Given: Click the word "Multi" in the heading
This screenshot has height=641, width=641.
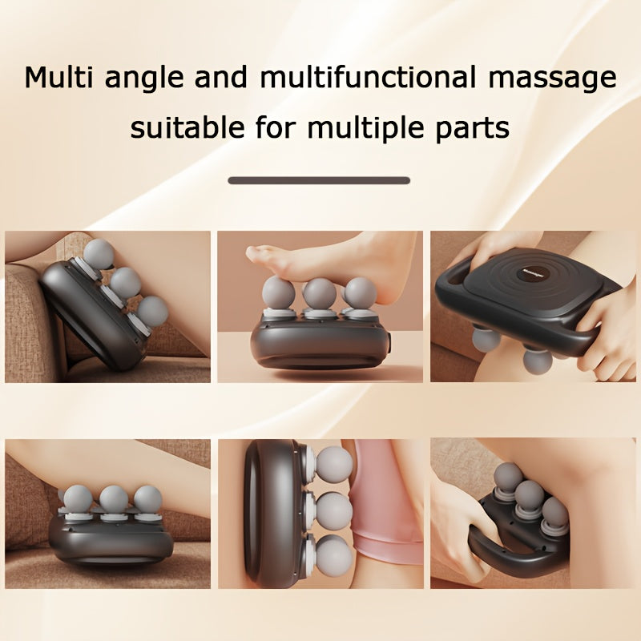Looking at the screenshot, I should click(58, 79).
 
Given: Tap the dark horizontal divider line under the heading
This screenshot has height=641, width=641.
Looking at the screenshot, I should click(319, 180).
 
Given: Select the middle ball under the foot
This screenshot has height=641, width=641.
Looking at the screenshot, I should click(320, 293).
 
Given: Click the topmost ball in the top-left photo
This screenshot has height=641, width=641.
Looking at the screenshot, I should click(98, 253).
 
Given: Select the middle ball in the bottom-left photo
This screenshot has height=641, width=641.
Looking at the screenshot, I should click(112, 499).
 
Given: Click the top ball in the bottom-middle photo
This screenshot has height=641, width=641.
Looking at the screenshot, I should click(333, 462).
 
